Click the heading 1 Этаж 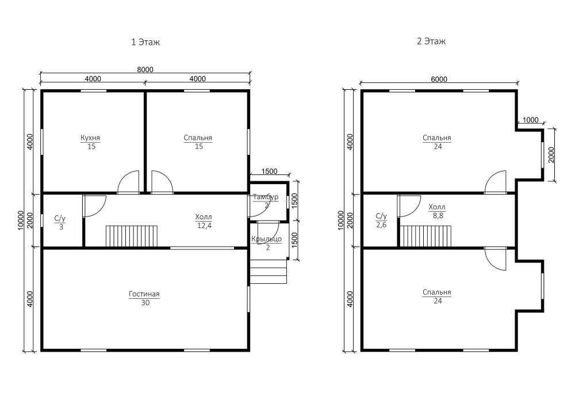145,42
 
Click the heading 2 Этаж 431,41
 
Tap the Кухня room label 90,138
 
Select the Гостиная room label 144,294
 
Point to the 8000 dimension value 145,70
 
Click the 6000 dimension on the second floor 439,79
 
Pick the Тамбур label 266,197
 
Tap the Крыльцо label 267,239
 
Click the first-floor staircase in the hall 132,237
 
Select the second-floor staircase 425,237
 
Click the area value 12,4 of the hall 204,225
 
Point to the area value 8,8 438,216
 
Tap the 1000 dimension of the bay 530,120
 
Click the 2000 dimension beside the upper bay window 551,155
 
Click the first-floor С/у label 60,219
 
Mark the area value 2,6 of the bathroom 381,225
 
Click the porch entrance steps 268,272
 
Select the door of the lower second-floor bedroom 496,259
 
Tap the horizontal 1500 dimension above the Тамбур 269,172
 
